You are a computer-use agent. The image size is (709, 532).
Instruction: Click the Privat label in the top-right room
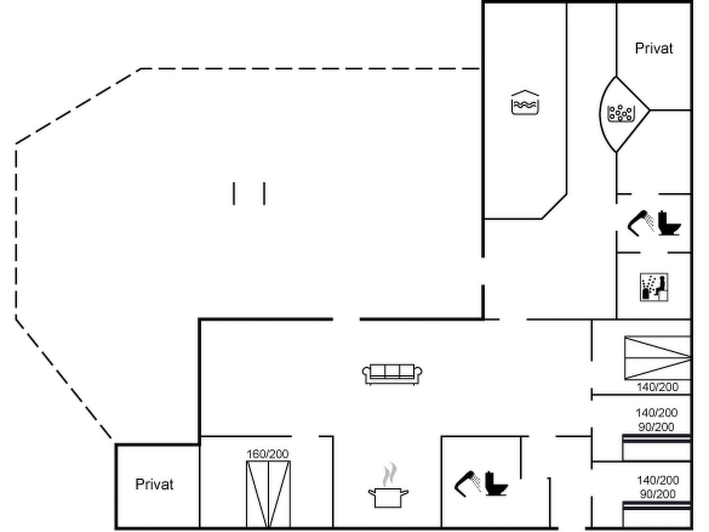coord(654,48)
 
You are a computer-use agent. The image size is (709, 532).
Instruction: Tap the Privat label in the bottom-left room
coord(154,484)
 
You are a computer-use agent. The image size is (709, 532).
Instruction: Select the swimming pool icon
coord(525,102)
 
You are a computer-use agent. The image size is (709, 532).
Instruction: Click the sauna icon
coord(654,287)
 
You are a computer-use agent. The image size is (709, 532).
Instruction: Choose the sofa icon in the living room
coord(392,374)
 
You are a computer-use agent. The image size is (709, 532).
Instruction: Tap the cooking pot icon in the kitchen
coord(388,498)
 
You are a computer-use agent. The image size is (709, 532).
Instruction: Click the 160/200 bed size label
coord(268,454)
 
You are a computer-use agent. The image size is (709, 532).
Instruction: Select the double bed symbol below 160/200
coord(268,494)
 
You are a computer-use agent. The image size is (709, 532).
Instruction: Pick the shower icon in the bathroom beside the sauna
coord(640,223)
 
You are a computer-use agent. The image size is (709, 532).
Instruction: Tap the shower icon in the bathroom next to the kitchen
coord(467,484)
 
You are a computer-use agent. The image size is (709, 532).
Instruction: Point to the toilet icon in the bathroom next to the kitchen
coord(496,484)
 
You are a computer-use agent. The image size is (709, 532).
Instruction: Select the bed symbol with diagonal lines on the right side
coord(657,358)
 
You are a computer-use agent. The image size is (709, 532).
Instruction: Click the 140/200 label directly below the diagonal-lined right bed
coord(657,387)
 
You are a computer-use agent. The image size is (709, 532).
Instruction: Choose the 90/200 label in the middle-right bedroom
coord(656,427)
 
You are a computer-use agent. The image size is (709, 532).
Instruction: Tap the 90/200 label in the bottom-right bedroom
coord(657,494)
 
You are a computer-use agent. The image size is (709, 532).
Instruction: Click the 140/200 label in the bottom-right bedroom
coord(658,480)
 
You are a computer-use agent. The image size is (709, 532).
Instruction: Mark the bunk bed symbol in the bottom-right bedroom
coord(656,514)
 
